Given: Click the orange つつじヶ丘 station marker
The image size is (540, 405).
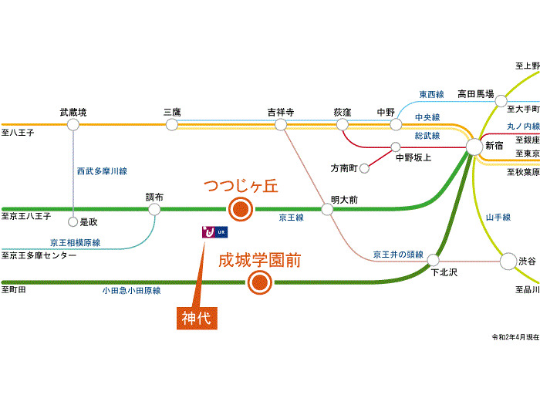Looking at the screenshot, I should (x=240, y=208).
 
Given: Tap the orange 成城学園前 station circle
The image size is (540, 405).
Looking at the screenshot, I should (x=260, y=282).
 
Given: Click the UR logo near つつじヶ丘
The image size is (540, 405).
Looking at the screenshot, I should (x=214, y=231).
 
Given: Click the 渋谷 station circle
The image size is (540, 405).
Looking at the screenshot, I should (x=508, y=262).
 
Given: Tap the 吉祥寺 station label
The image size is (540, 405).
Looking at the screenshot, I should (x=281, y=113).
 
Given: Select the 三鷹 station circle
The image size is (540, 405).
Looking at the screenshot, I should (x=172, y=124).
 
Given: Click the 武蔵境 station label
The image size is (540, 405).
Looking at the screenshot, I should (x=73, y=113).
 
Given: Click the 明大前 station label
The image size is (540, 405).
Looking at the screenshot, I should (x=344, y=200).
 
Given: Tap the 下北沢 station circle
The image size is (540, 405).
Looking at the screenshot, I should (x=433, y=261).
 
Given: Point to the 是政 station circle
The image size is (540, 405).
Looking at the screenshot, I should (x=73, y=222).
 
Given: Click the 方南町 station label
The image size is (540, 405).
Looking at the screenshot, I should (x=346, y=168).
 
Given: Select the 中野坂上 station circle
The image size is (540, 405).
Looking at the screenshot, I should (x=396, y=147).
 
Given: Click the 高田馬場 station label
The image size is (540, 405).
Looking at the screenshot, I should (x=475, y=93).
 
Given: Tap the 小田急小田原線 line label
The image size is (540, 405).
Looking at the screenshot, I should (x=131, y=291).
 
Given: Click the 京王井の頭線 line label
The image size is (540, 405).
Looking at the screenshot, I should (x=398, y=253).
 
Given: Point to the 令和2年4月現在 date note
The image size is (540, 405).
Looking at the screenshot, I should (x=515, y=338).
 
